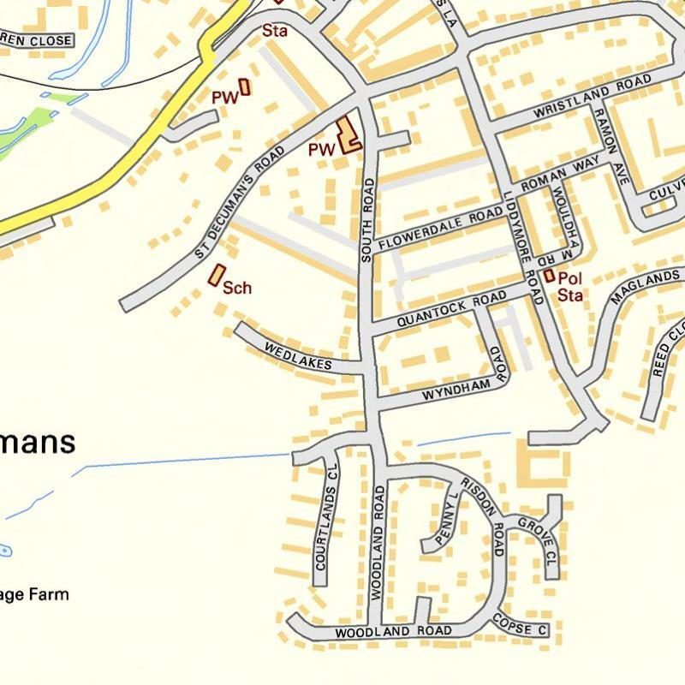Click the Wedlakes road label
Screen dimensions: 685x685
point(298,357)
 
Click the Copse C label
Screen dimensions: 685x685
point(520,628)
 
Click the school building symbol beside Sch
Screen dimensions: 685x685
point(215,275)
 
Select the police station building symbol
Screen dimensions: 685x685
point(548,277)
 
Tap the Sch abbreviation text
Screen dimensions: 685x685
point(237,288)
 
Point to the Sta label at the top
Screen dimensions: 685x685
point(274,31)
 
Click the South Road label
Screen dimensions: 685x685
point(368,219)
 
